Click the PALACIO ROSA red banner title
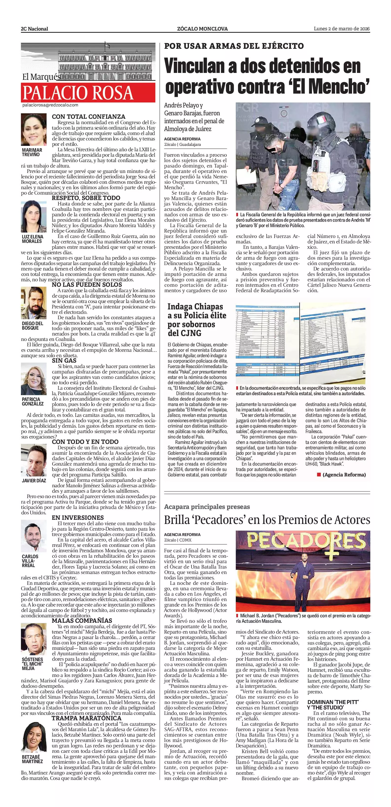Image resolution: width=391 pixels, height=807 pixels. pos(78,93)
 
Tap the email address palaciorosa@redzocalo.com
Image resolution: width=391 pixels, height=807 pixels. pos(50,105)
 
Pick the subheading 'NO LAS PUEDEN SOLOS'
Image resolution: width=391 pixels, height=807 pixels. pos(86,285)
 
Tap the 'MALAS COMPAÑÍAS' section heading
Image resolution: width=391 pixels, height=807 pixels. pos(82,621)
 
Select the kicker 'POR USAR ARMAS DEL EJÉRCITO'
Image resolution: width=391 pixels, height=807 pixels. pos(234,46)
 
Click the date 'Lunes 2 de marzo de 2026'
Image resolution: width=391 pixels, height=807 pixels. pos(341,29)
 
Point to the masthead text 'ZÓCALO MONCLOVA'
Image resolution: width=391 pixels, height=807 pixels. pos(202,29)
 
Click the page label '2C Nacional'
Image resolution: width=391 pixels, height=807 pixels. pos(34,29)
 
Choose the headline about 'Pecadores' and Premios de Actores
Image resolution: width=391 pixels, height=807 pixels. pos(267,520)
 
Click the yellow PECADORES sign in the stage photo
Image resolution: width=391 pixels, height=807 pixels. pos(303,543)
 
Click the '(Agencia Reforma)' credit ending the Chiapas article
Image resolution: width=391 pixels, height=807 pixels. pos(344,475)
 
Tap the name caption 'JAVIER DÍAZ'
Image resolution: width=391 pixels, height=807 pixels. pos(34,481)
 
